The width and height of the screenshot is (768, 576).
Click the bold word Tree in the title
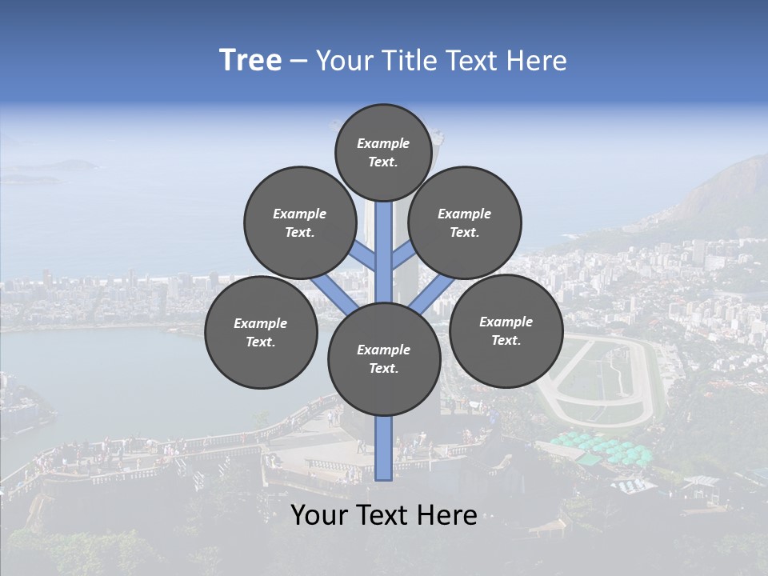[250, 61]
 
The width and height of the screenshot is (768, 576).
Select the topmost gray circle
[383, 152]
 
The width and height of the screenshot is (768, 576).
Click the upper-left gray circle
[299, 222]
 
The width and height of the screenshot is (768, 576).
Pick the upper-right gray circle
[464, 222]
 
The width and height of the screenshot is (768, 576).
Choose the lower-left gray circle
[261, 332]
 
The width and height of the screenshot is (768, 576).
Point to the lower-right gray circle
[506, 330]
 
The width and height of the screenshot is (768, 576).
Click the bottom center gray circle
[384, 359]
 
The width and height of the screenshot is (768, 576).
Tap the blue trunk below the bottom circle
[384, 448]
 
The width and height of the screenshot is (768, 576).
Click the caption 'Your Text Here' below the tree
[384, 515]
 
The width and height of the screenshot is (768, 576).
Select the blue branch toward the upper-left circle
[364, 258]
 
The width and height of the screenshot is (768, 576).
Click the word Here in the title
[540, 61]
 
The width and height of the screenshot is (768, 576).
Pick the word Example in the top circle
[383, 143]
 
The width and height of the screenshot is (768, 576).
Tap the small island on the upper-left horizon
[68, 166]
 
